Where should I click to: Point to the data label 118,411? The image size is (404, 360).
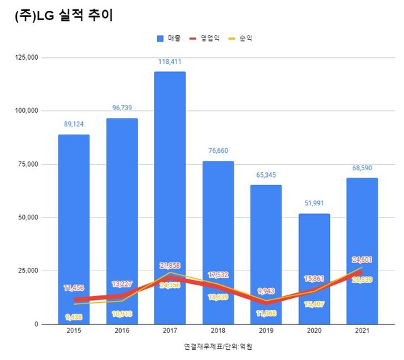tap(170, 61)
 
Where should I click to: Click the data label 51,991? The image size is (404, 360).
tap(314, 203)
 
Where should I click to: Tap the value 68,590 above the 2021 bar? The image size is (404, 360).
tap(362, 168)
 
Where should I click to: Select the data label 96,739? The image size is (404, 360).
tap(122, 108)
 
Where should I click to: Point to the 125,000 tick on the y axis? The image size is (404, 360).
tap(26, 58)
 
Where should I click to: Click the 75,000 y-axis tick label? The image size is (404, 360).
tap(28, 164)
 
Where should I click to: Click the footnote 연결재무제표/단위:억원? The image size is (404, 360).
tap(217, 347)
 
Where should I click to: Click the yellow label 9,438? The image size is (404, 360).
tap(73, 316)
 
